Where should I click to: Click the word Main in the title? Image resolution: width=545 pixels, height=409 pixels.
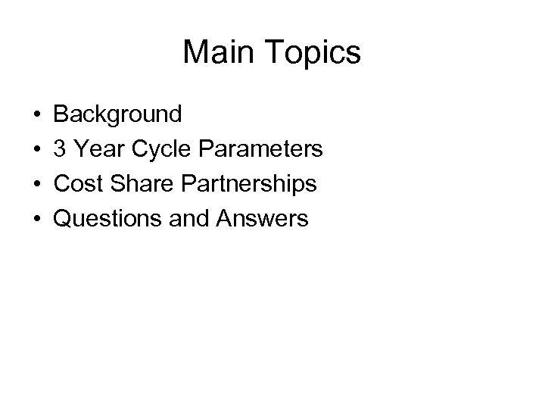pyautogui.click(x=215, y=52)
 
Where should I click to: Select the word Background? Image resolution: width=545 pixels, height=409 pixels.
pyautogui.click(x=118, y=114)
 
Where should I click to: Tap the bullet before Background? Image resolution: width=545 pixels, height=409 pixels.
pyautogui.click(x=37, y=115)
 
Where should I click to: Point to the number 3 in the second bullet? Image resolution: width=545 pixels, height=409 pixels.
pyautogui.click(x=62, y=149)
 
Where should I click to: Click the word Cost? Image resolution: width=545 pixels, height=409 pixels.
pyautogui.click(x=79, y=184)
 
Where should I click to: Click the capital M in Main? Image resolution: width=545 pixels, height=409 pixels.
pyautogui.click(x=195, y=52)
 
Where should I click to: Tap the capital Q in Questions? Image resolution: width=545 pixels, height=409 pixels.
pyautogui.click(x=63, y=219)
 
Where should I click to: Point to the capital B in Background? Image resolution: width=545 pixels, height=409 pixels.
pyautogui.click(x=62, y=114)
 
